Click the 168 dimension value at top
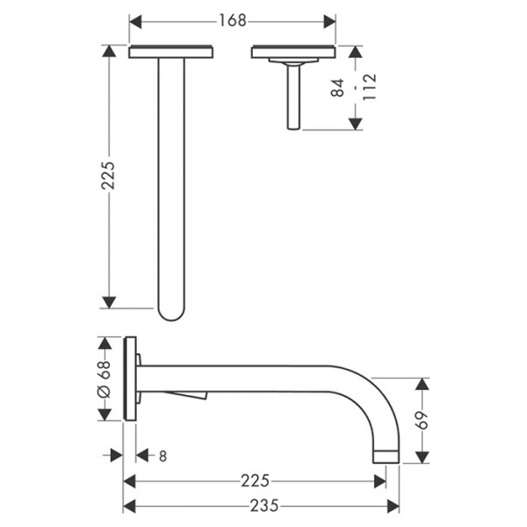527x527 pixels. [x=233, y=21]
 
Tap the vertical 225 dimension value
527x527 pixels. [x=108, y=176]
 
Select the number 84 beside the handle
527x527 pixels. [x=338, y=88]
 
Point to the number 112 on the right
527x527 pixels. [x=369, y=87]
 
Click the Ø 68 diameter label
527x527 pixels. [x=104, y=379]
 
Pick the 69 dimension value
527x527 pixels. [x=422, y=420]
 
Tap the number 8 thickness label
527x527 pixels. [x=162, y=456]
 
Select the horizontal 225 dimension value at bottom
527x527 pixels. [x=255, y=480]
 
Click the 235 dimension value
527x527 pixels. [x=264, y=506]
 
